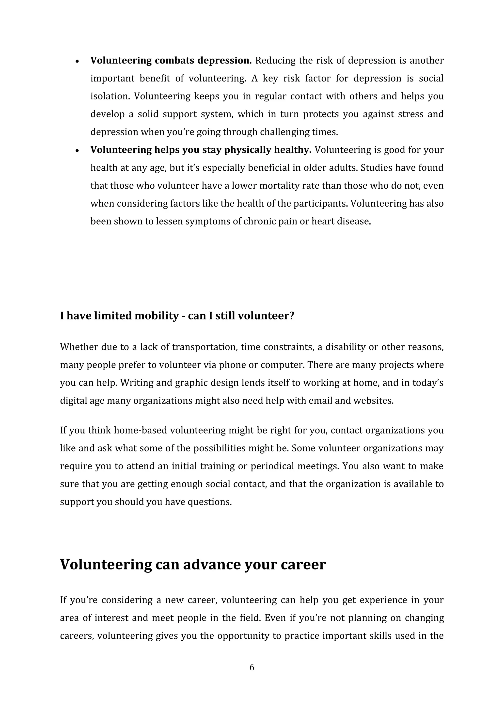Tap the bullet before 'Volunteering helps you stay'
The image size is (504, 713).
pyautogui.click(x=78, y=151)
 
